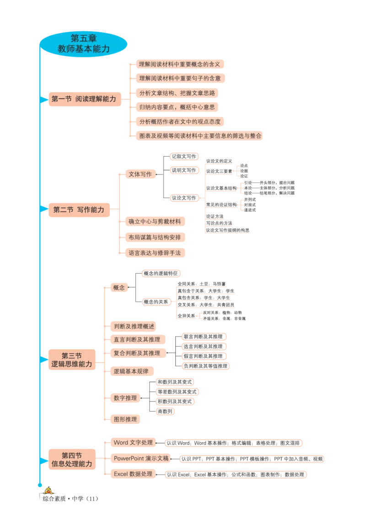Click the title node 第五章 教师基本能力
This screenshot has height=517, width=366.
[84, 43]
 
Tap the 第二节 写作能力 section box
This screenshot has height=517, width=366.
[79, 210]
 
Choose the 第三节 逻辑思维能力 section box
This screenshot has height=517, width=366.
[72, 360]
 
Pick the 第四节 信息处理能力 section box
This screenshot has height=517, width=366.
[72, 459]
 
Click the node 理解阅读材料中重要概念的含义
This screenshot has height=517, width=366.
[179, 64]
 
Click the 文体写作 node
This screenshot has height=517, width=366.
[140, 174]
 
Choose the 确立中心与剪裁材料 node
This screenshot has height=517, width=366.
[155, 222]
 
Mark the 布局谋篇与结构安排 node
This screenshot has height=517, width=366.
[155, 237]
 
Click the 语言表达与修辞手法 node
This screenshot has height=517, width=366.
[155, 252]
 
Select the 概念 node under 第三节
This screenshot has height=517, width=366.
[119, 288]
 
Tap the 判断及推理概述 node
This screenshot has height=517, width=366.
[134, 327]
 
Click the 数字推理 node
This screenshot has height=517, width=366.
[125, 398]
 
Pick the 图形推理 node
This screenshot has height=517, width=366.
[125, 418]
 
